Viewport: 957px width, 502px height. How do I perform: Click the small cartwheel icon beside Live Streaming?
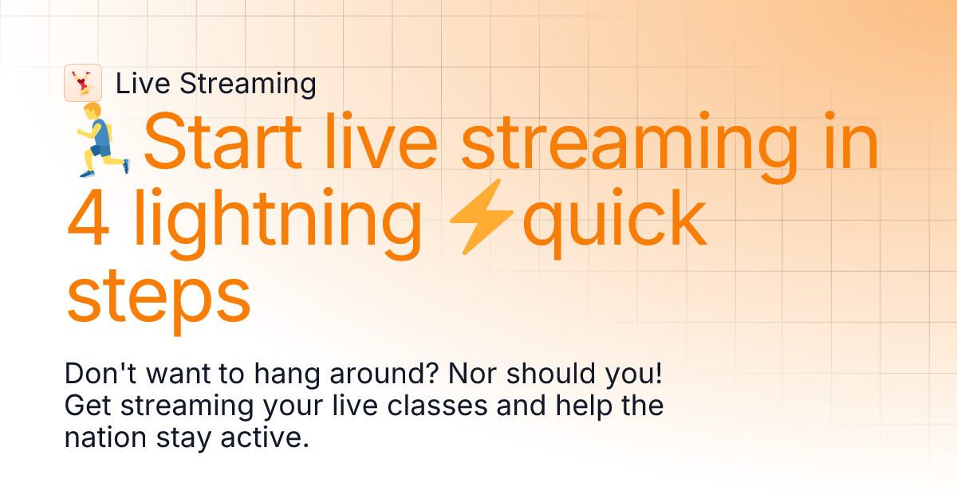tap(82, 83)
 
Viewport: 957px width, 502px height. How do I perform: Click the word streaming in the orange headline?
tap(629, 147)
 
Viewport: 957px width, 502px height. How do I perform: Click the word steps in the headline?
tap(158, 296)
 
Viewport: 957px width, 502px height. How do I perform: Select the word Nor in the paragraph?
tap(463, 375)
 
